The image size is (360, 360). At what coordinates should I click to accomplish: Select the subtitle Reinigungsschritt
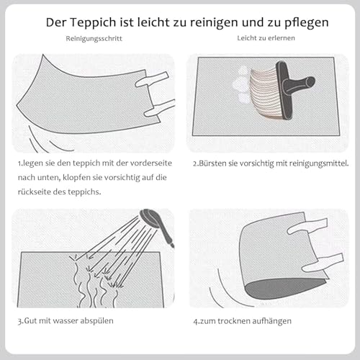pos(94,39)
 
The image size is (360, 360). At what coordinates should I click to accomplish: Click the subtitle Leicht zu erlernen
pos(266,38)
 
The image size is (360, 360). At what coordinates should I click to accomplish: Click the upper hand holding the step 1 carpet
pos(152,79)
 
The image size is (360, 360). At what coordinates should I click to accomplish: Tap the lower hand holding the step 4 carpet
pos(323,262)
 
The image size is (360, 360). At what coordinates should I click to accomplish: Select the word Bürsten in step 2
pos(212,163)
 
